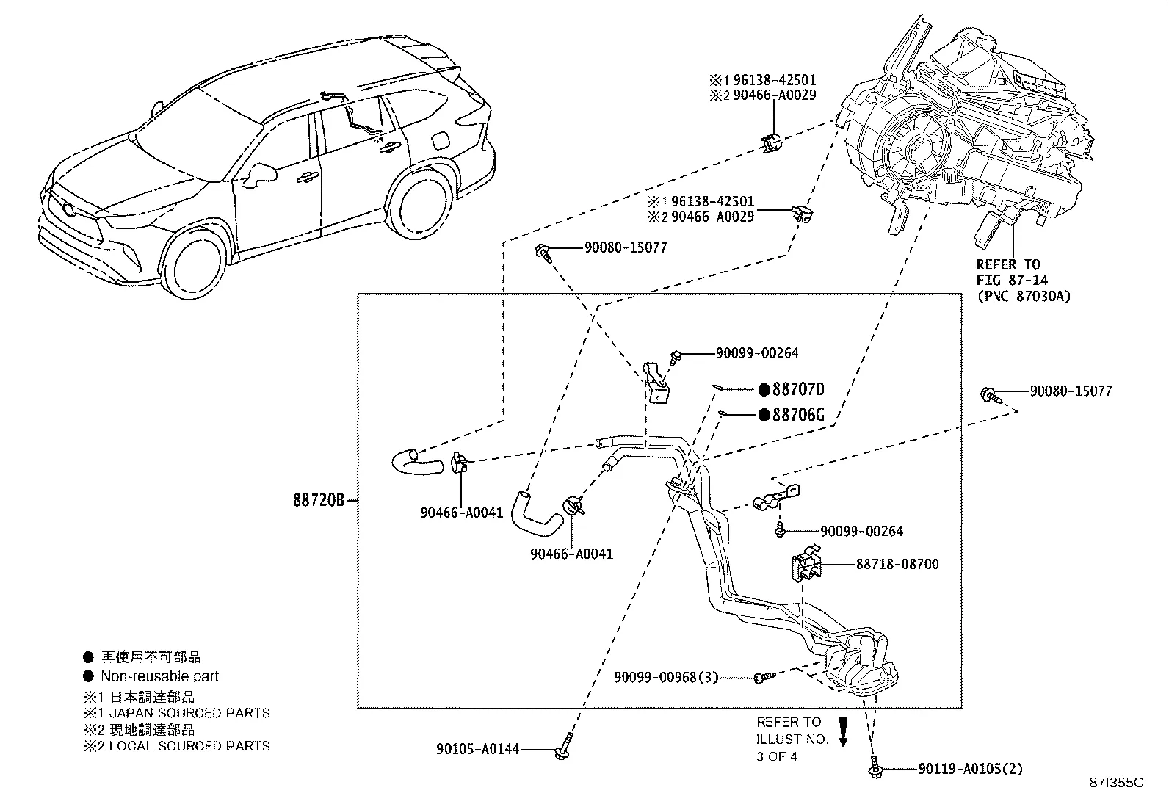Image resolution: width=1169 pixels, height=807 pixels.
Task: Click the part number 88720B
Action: coord(319,501)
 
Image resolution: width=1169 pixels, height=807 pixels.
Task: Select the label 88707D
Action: coord(799,390)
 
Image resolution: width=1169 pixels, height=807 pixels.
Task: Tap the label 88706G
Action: coord(798,416)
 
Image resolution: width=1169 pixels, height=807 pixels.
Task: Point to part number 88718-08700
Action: coord(897,565)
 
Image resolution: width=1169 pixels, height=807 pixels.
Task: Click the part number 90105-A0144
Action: coord(477,749)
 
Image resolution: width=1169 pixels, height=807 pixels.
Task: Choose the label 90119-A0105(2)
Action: coord(970,770)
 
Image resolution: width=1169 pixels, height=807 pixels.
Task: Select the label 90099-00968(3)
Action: coord(666,677)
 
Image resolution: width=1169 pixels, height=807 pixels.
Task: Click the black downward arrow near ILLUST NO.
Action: coord(843,731)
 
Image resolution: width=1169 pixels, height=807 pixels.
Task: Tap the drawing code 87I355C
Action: coord(1117,783)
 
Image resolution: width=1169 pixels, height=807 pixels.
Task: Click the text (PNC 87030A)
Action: coord(1023,296)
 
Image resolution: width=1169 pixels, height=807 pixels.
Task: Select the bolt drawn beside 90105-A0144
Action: coord(563,747)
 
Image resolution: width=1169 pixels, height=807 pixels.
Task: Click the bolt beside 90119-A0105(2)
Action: coord(874,767)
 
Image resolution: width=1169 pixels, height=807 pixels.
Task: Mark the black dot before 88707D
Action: coord(764,390)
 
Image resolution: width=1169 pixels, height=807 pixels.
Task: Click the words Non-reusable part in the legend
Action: coord(159,676)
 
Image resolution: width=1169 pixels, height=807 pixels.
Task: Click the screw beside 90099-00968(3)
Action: coord(761,676)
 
